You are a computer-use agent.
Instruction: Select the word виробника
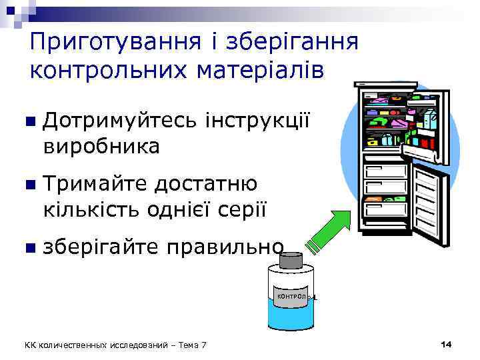tap(101, 146)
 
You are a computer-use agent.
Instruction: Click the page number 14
tap(446, 343)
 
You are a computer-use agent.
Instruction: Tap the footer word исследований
tap(133, 344)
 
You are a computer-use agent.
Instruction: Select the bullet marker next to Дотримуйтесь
tap(29, 123)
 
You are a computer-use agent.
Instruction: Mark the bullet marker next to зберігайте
tap(29, 247)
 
